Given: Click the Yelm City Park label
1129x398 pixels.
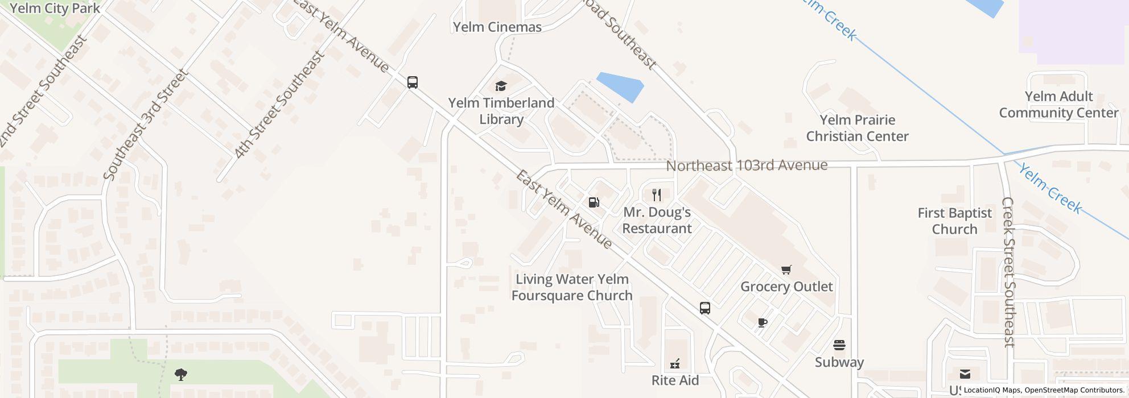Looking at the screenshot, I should [55, 8].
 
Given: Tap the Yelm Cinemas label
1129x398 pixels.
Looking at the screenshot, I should [497, 27].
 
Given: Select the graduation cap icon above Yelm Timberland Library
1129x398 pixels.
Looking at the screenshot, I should [501, 86].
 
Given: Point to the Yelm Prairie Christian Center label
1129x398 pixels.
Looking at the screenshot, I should [857, 128].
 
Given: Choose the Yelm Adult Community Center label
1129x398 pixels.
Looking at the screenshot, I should [1058, 105].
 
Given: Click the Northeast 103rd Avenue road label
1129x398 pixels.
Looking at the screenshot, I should [747, 165].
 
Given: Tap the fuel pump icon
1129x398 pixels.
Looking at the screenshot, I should [594, 202].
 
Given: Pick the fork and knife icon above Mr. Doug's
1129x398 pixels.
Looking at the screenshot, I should [657, 195].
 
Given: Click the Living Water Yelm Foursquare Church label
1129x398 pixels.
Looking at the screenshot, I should [571, 287].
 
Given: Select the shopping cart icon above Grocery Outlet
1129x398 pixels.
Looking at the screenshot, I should [786, 270].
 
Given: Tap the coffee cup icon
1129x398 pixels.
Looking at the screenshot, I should [763, 323].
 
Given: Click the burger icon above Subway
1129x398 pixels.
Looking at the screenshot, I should [839, 345].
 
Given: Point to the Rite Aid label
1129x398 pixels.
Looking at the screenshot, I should [675, 380].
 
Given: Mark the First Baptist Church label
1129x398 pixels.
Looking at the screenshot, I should [954, 221].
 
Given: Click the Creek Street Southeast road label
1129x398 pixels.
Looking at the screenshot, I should [1008, 272].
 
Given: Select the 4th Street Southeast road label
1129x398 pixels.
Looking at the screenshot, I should [279, 105].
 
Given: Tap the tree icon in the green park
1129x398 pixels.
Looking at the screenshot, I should [181, 374].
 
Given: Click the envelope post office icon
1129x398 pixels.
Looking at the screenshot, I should [965, 374].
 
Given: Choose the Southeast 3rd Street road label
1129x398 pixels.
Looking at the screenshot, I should [146, 125].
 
